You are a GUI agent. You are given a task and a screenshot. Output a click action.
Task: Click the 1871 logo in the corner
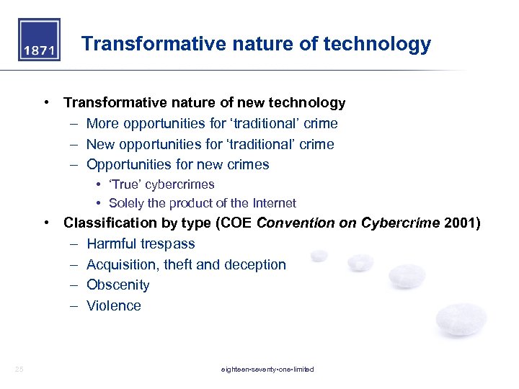39,40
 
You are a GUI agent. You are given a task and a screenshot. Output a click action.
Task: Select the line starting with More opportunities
211,124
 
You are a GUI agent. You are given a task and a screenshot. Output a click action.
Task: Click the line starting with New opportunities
210,144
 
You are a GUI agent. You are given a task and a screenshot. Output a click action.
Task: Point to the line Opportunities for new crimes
177,165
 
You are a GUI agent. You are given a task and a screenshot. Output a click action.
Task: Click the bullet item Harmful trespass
141,244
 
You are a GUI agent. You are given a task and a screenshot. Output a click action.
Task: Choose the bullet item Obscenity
117,285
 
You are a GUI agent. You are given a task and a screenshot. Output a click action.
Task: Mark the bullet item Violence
113,305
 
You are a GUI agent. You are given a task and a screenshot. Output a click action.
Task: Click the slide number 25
19,370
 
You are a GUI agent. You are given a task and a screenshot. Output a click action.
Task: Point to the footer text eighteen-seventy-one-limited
267,370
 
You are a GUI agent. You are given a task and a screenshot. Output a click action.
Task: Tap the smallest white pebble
319,255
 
